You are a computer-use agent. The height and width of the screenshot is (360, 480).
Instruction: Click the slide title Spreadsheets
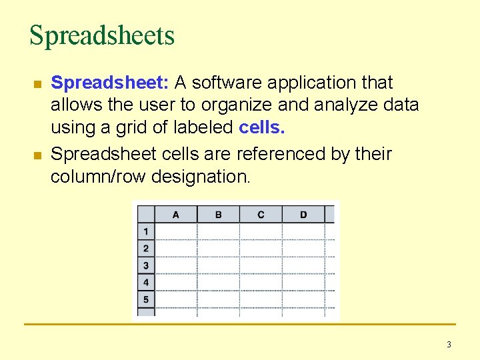point(102,35)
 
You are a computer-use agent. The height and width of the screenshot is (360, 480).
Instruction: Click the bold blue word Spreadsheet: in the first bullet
point(111,83)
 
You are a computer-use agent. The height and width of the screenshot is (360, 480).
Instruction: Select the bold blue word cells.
point(261,127)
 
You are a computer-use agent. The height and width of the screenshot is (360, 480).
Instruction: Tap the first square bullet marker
point(37,85)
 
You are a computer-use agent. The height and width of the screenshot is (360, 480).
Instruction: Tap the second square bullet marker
point(37,155)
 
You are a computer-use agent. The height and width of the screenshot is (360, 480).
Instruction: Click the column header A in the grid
point(176,215)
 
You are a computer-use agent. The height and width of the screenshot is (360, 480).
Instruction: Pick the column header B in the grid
point(219,215)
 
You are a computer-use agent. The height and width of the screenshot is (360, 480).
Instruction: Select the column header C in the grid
point(261,215)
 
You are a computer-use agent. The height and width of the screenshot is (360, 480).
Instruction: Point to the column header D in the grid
point(303,215)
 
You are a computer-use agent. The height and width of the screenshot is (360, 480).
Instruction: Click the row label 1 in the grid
point(146,231)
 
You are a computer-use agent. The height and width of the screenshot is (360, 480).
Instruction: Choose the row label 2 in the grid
point(146,249)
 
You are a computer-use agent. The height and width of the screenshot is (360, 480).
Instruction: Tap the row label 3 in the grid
point(146,265)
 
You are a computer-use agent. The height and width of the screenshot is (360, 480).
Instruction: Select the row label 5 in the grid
point(146,299)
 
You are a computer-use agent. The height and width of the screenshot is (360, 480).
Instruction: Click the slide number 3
point(449,345)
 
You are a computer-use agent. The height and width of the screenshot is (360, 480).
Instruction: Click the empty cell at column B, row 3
point(219,265)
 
